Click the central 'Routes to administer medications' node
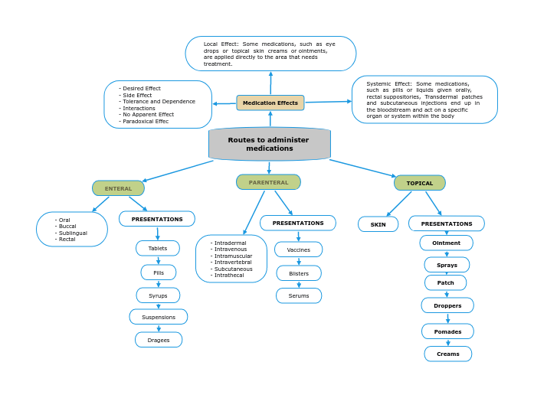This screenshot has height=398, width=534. tap(269, 144)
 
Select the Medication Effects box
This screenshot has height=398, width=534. tap(270, 103)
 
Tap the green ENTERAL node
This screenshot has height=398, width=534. tap(118, 188)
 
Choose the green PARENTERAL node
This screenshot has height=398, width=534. tap(268, 182)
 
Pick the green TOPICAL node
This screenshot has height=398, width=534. tap(419, 183)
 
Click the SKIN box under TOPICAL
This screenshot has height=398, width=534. tap(378, 224)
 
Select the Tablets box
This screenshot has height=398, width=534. tap(158, 248)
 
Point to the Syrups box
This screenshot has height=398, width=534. tap(158, 295)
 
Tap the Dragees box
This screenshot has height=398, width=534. tap(159, 340)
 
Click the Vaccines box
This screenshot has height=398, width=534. tap(298, 250)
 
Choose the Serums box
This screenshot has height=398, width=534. tap(299, 295)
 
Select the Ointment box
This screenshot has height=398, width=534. tap(446, 243)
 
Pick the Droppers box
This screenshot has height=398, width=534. tap(447, 305)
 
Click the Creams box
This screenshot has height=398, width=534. tap(448, 354)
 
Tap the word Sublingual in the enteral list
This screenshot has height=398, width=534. tap(72, 233)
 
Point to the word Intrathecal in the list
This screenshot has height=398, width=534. tap(229, 275)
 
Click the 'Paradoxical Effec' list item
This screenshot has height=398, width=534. tap(146, 121)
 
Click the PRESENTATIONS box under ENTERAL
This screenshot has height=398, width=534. tap(157, 219)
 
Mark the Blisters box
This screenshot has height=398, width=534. tap(299, 273)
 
